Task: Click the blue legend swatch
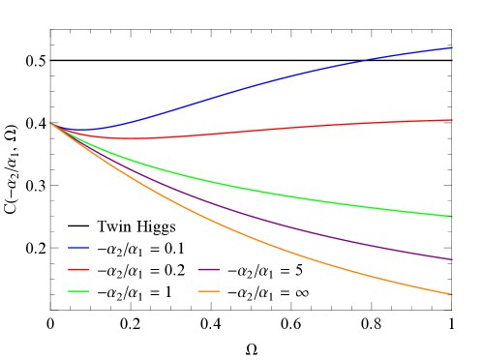[x=79, y=248]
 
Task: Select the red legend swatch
[x=79, y=269]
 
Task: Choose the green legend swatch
[x=79, y=291]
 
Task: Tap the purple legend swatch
[x=208, y=269]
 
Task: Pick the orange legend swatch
[x=208, y=291]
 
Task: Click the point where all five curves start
[x=50, y=123]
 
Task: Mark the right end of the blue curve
[x=451, y=47]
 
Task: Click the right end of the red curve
[x=451, y=120]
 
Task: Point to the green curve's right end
[x=451, y=216]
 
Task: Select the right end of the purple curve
[x=451, y=259]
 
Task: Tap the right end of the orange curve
[x=451, y=294]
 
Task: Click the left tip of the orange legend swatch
[x=198, y=291]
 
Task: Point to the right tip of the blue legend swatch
[x=90, y=248]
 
